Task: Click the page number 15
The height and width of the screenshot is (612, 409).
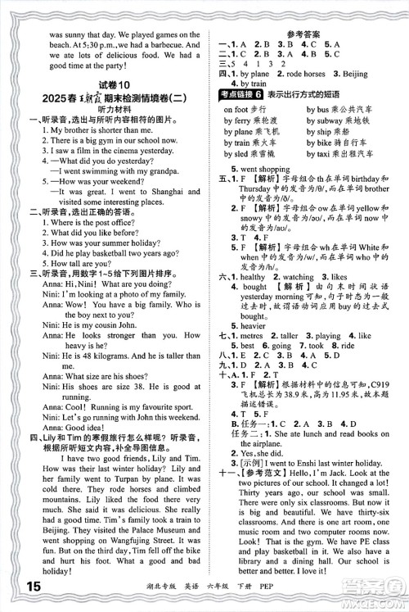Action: click(11, 587)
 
